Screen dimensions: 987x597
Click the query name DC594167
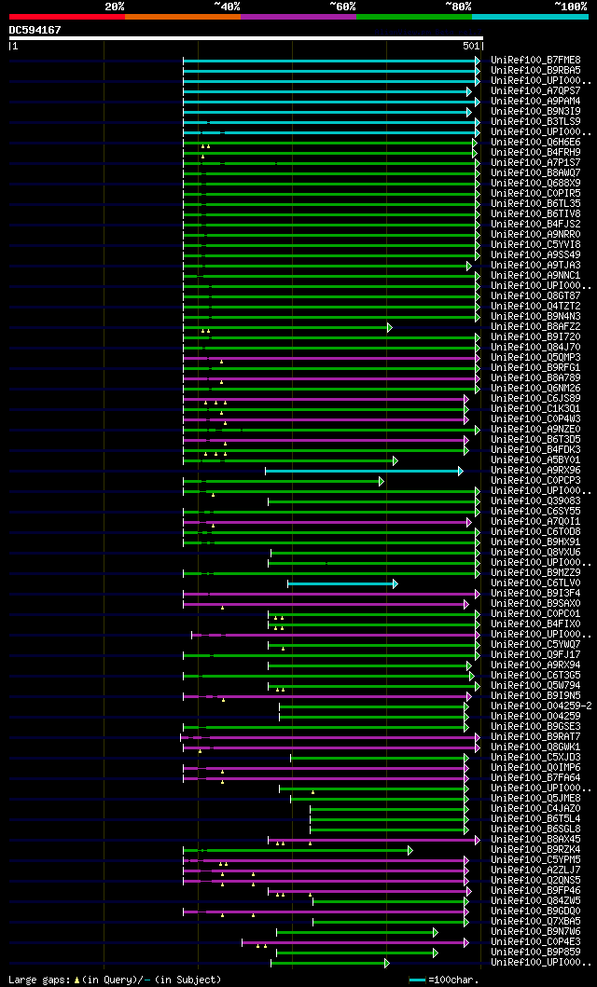tap(35, 30)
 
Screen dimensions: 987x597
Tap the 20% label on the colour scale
tap(115, 6)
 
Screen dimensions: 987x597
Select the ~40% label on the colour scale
tap(227, 6)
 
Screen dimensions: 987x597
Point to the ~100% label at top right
tap(570, 6)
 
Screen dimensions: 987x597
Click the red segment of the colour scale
tap(66, 16)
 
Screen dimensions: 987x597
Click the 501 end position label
tap(471, 46)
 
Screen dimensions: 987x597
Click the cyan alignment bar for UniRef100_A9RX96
tap(363, 471)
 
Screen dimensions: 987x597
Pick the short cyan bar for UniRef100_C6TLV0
tap(340, 583)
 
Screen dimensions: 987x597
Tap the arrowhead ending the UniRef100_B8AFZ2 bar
tap(390, 327)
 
